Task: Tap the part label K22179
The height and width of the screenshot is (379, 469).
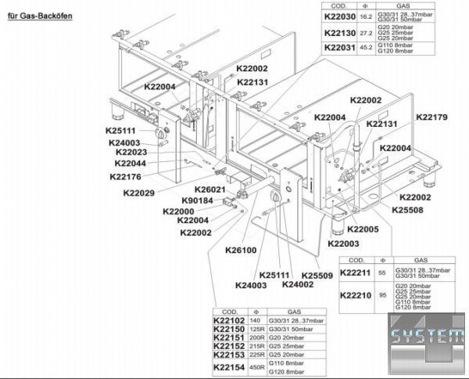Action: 431,117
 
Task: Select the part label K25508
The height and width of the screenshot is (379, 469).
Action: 406,210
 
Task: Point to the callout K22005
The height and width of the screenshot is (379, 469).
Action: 362,229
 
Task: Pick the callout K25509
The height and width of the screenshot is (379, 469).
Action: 317,276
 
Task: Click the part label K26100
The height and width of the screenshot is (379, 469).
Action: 241,251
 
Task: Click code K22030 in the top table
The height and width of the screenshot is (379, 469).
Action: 340,17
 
